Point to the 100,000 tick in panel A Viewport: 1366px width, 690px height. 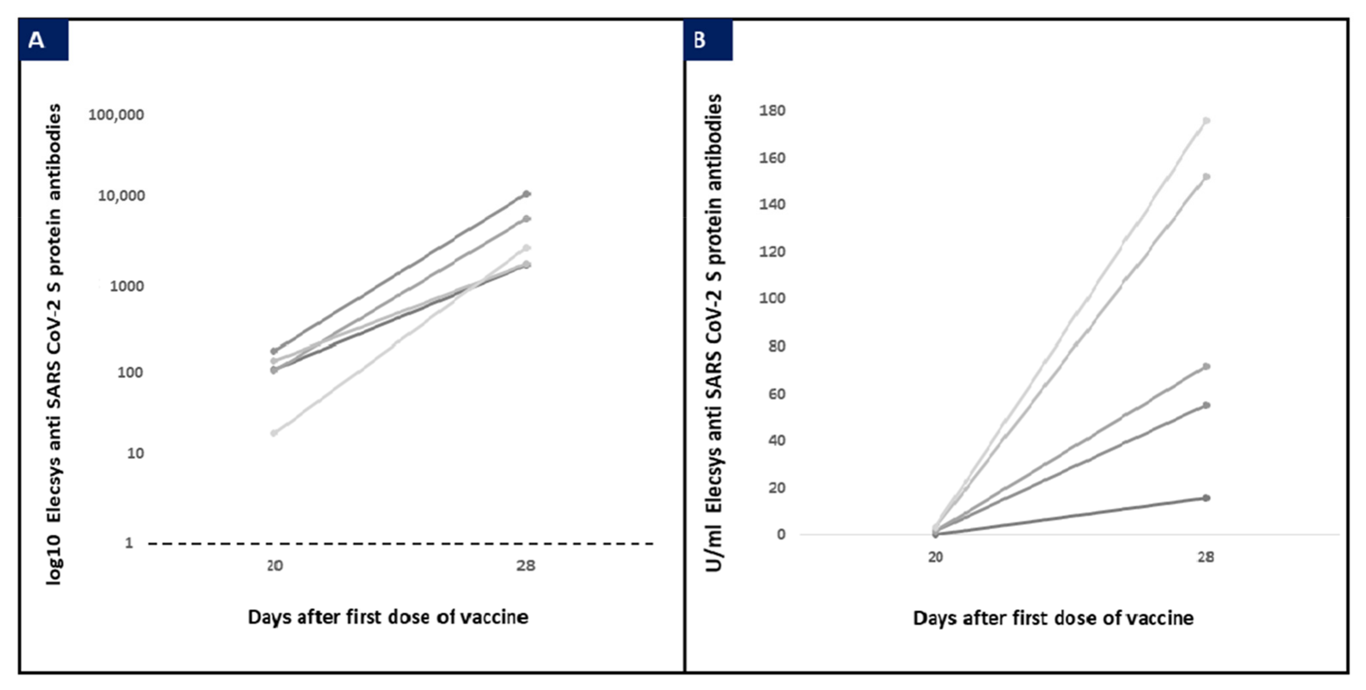coord(116,114)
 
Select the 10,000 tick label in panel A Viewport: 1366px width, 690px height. coord(121,196)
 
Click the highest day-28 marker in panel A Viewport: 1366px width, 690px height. coord(526,194)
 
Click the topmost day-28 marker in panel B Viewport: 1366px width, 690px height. coord(1206,121)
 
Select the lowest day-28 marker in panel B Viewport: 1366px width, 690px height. coord(1206,498)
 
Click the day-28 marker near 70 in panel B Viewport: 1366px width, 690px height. coord(1206,366)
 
